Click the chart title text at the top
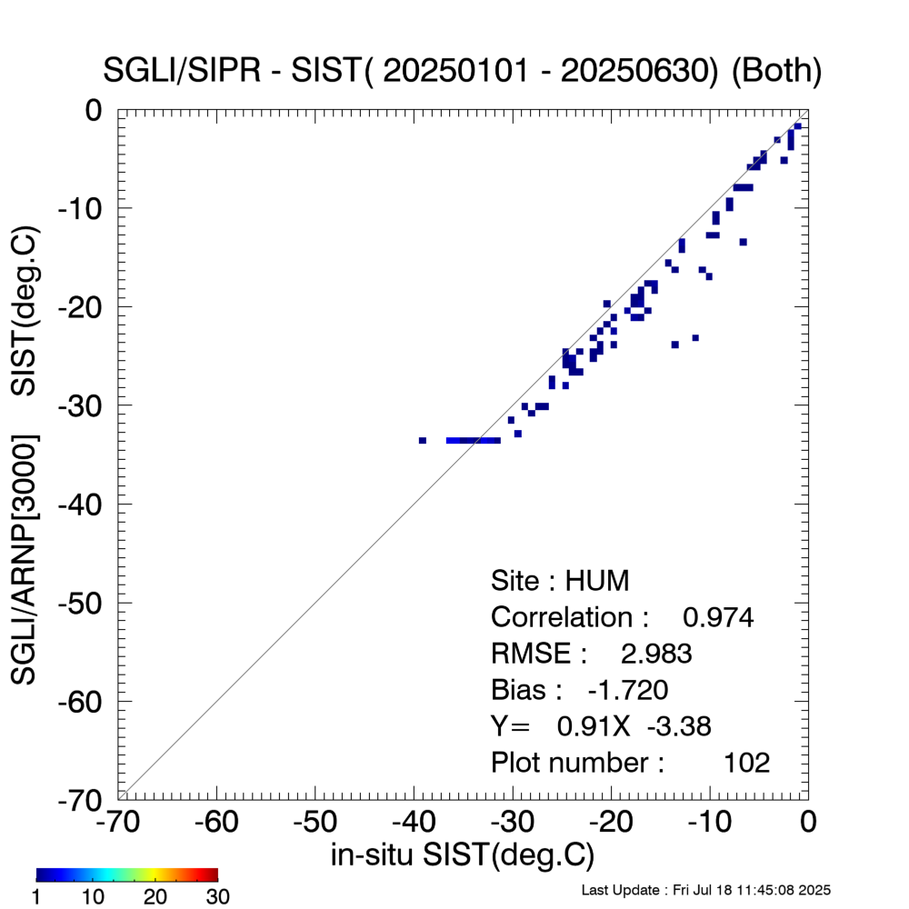[x=464, y=72]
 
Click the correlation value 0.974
[x=718, y=617]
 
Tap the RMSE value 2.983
[x=655, y=654]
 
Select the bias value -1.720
[x=628, y=690]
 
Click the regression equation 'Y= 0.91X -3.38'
[x=601, y=725]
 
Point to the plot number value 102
[x=746, y=762]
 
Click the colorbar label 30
[x=217, y=897]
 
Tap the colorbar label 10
[x=95, y=897]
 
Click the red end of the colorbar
[x=213, y=875]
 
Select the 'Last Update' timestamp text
[x=705, y=890]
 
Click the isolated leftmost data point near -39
[x=423, y=440]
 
